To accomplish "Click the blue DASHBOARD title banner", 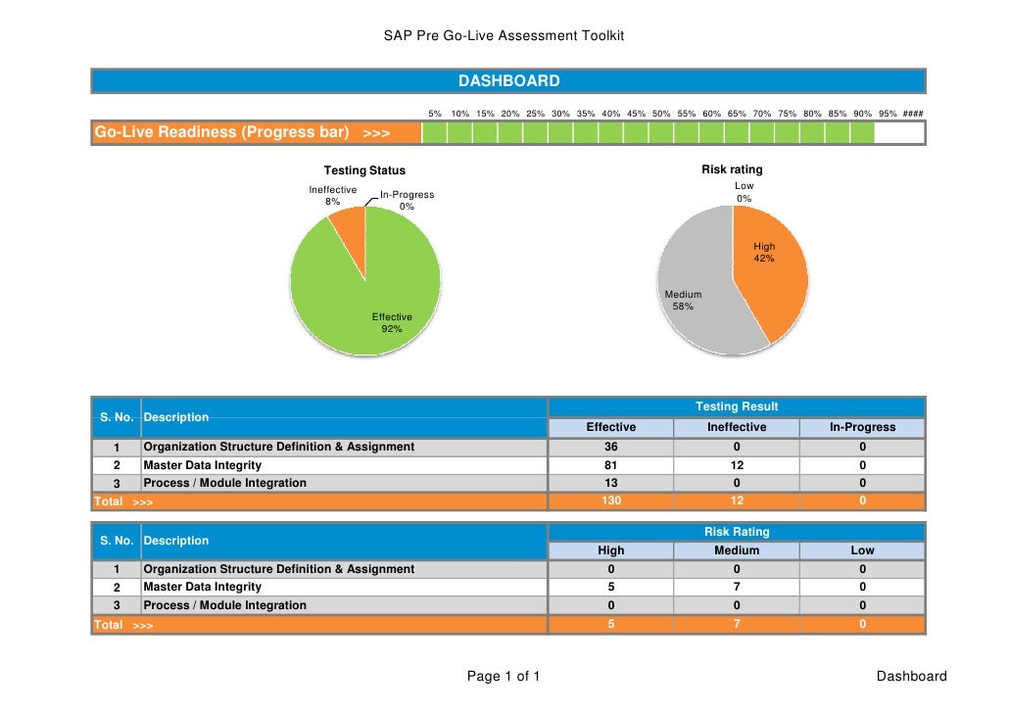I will coord(508,81).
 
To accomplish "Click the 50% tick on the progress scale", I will coord(661,114).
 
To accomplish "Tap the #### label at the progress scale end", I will coord(913,114).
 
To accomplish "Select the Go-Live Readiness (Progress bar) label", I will coord(221,132).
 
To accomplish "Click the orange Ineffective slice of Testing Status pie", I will coord(347,228).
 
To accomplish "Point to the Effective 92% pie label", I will coord(392,323).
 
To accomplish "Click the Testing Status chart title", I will coord(364,171).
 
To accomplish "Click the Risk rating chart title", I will coord(732,170).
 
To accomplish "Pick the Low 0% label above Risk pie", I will coord(745,192).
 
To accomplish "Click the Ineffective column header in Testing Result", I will coord(737,427).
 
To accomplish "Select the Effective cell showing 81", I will coord(610,465).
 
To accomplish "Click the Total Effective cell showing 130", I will coord(610,501).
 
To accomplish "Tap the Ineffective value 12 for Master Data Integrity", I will coord(737,465).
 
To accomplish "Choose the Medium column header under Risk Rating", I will coord(737,550).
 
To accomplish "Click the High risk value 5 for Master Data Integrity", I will coord(610,588).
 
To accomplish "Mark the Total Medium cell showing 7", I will coord(737,624).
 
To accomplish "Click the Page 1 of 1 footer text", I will coord(504,677).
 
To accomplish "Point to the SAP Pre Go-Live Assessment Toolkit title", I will coord(504,36).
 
